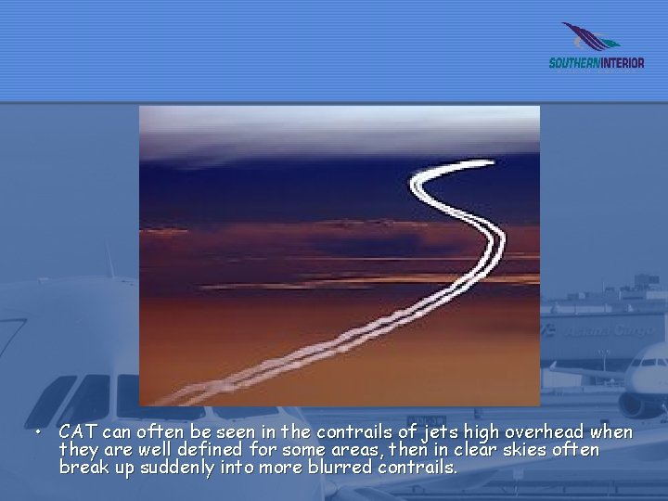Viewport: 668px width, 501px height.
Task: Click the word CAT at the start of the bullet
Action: click(78, 432)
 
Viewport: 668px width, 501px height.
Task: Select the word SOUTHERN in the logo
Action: click(574, 63)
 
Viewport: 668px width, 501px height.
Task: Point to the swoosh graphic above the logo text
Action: click(590, 38)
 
